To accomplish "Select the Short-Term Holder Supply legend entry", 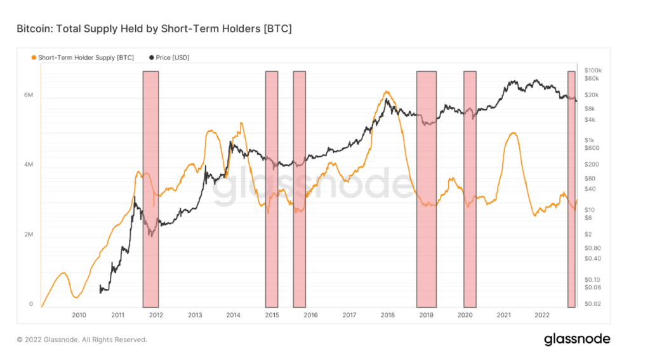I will (x=83, y=57).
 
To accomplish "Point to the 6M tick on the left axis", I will (x=29, y=95).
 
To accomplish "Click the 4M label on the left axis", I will (x=29, y=165).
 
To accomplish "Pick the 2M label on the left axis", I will (x=29, y=235).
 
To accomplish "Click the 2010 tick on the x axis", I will (x=79, y=315).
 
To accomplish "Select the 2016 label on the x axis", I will (x=310, y=315).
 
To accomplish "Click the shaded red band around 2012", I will (x=150, y=190).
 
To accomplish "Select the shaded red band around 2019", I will (x=427, y=190).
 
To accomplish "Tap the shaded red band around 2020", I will (x=470, y=190).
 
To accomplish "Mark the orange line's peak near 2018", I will (x=387, y=92).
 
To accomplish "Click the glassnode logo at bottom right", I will (x=576, y=339).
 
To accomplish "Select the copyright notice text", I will (x=82, y=340).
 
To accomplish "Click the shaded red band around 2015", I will (x=272, y=190).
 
